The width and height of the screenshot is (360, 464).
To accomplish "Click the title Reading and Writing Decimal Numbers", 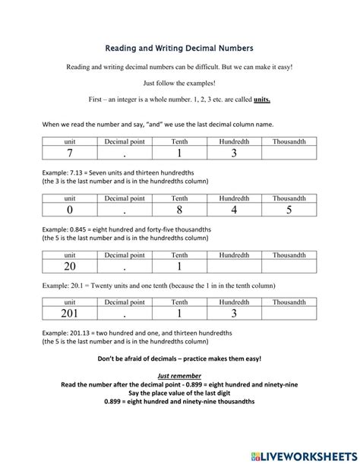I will click(179, 49).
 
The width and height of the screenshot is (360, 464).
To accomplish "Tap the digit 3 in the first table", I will click(234, 153).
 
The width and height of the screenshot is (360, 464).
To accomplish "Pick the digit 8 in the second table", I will click(179, 210).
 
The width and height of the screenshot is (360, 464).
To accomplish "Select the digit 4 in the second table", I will click(234, 210).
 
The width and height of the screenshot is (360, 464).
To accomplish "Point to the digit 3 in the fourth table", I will click(234, 313).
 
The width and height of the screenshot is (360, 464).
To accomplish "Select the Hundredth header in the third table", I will click(234, 255).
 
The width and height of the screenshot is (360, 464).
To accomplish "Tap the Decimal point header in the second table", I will click(125, 197).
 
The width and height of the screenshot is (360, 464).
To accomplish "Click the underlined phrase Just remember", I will click(179, 375).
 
